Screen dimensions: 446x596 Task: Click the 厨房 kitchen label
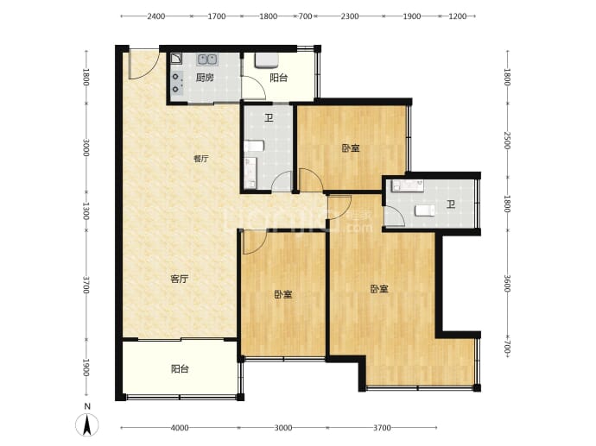(x=204, y=78)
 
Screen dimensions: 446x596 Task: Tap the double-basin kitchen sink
(x=207, y=60)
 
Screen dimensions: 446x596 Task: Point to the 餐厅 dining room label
(x=200, y=159)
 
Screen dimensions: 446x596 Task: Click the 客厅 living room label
(x=179, y=279)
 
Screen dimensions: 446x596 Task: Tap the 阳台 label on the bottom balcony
(x=179, y=369)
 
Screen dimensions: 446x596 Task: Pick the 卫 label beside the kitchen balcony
(x=269, y=119)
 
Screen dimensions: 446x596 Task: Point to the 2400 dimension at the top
(x=155, y=16)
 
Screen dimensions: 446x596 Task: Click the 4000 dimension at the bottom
(x=179, y=428)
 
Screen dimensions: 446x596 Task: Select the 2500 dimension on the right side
(x=508, y=140)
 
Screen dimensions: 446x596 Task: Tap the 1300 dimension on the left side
(x=86, y=211)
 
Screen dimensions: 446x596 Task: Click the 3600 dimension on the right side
(x=508, y=283)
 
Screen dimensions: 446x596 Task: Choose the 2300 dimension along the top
(x=349, y=16)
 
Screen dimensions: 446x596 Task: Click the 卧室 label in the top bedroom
(x=351, y=148)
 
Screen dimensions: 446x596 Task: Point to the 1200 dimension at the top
(x=457, y=16)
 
